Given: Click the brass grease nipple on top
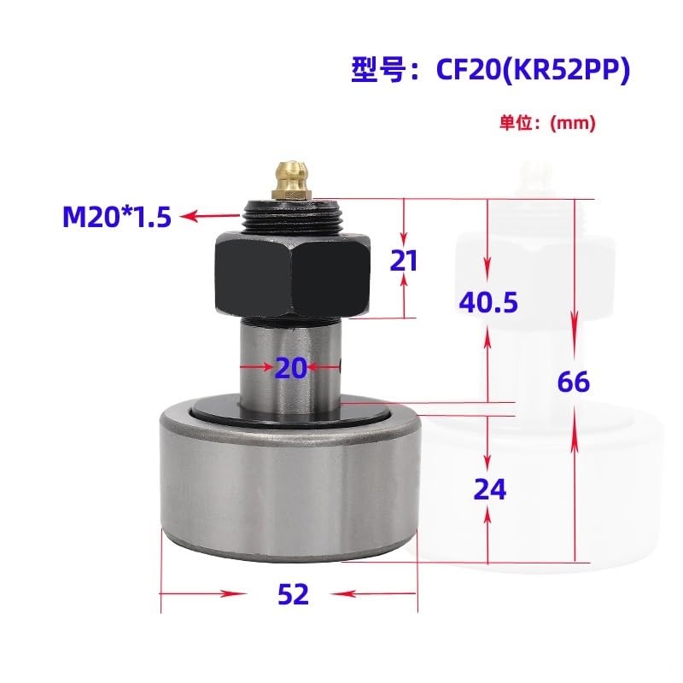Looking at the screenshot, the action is tap(291, 180).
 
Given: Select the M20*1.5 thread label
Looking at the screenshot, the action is tap(117, 217).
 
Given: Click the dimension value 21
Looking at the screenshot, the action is tap(404, 260).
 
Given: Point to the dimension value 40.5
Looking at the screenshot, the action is tap(488, 302).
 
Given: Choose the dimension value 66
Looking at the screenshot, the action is tap(574, 382).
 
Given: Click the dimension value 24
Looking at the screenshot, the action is tap(489, 489).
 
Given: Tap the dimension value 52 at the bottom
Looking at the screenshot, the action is tap(293, 594).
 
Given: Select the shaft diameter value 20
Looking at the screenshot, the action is tap(291, 368).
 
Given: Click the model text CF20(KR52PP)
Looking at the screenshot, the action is tap(533, 70).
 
